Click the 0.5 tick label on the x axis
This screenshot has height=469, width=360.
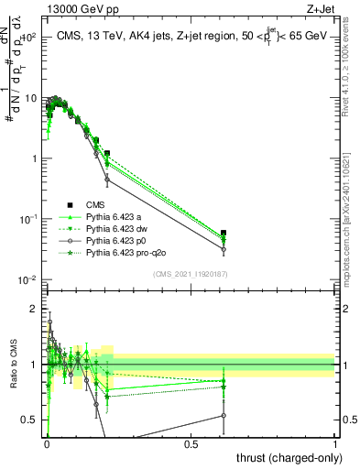point(191,444)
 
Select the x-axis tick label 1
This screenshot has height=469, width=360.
point(335,444)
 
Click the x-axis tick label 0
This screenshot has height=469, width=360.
point(46,444)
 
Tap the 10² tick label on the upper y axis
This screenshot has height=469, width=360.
point(27,38)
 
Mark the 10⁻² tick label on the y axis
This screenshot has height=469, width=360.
point(27,279)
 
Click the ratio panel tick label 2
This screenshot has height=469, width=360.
point(34,309)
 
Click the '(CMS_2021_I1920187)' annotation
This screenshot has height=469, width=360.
point(190,273)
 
